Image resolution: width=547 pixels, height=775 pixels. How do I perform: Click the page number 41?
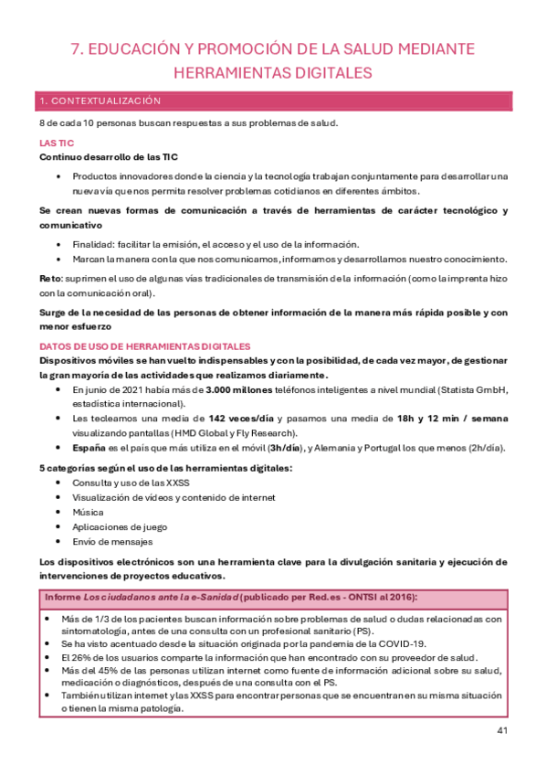(502, 729)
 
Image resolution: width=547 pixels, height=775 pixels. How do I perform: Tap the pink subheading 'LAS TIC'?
(57, 143)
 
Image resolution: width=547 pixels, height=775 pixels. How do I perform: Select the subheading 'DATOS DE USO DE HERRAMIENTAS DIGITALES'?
(144, 346)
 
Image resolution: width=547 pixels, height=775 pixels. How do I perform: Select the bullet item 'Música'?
(89, 512)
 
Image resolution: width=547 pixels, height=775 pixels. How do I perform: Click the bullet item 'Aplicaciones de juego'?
(121, 526)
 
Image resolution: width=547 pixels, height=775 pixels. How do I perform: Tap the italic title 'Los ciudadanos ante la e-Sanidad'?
(157, 597)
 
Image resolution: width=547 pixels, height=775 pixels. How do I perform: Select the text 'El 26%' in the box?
(76, 656)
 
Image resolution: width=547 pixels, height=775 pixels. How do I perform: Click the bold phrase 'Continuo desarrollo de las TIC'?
(109, 157)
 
